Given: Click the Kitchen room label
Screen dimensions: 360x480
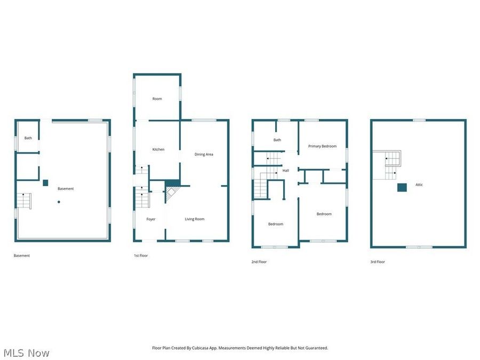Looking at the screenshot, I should pos(158,149).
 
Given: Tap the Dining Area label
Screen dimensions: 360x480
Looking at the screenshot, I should pos(204,155).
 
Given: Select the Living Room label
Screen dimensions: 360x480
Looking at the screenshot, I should pos(195,219).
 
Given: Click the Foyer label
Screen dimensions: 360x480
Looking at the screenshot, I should pos(151,219).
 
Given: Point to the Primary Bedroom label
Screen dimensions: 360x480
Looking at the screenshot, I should pos(322,146).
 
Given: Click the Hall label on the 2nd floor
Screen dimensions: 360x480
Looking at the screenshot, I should pos(286,171).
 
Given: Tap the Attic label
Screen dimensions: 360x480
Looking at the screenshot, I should pos(419,185).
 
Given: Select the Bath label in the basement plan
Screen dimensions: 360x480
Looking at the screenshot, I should pos(28,138).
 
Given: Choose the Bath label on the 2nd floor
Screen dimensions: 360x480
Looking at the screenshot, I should pos(277,140).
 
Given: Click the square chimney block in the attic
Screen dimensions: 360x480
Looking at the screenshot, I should pos(402,187).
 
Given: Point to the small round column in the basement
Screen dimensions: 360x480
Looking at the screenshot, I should pos(59,202).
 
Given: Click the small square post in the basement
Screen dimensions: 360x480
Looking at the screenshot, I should pos(45,182).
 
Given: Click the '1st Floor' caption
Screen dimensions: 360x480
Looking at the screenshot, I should pos(141,256).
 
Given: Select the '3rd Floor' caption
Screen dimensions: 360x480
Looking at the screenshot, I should pos(378,262).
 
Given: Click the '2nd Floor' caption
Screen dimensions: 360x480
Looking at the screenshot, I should pos(259,262).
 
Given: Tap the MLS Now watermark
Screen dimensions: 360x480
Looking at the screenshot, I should pos(27,353).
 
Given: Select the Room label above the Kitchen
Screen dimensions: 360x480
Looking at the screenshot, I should pos(157,99).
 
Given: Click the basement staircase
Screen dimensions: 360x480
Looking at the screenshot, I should pos(24,201).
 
